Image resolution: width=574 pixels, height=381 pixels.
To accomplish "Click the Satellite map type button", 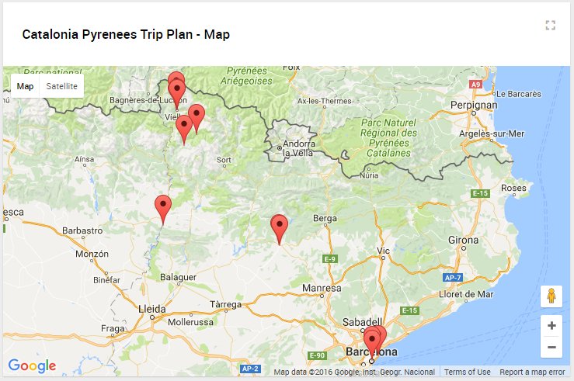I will coord(61,86).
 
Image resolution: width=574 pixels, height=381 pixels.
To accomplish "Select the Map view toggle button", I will coord(26,86).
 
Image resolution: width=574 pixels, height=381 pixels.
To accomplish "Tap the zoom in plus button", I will coord(551,326).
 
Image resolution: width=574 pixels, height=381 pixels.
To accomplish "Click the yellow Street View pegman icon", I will coord(551,296).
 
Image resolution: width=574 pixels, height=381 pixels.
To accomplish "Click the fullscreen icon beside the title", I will coord(551,26).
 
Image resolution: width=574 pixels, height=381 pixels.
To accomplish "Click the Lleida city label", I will coord(151,308).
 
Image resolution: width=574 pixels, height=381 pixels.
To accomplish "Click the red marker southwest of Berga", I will coord(279,227).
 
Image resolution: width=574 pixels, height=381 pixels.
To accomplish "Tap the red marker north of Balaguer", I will coord(163,208).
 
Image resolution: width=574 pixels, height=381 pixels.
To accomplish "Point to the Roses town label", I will coord(513,188).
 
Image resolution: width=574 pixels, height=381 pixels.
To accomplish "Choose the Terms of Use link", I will coord(467,372).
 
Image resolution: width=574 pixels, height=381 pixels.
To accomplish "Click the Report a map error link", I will coord(532,372).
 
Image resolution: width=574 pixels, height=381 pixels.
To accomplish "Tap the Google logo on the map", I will coord(32,366).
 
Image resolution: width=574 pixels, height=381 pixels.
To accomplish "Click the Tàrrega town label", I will coord(225,303).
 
